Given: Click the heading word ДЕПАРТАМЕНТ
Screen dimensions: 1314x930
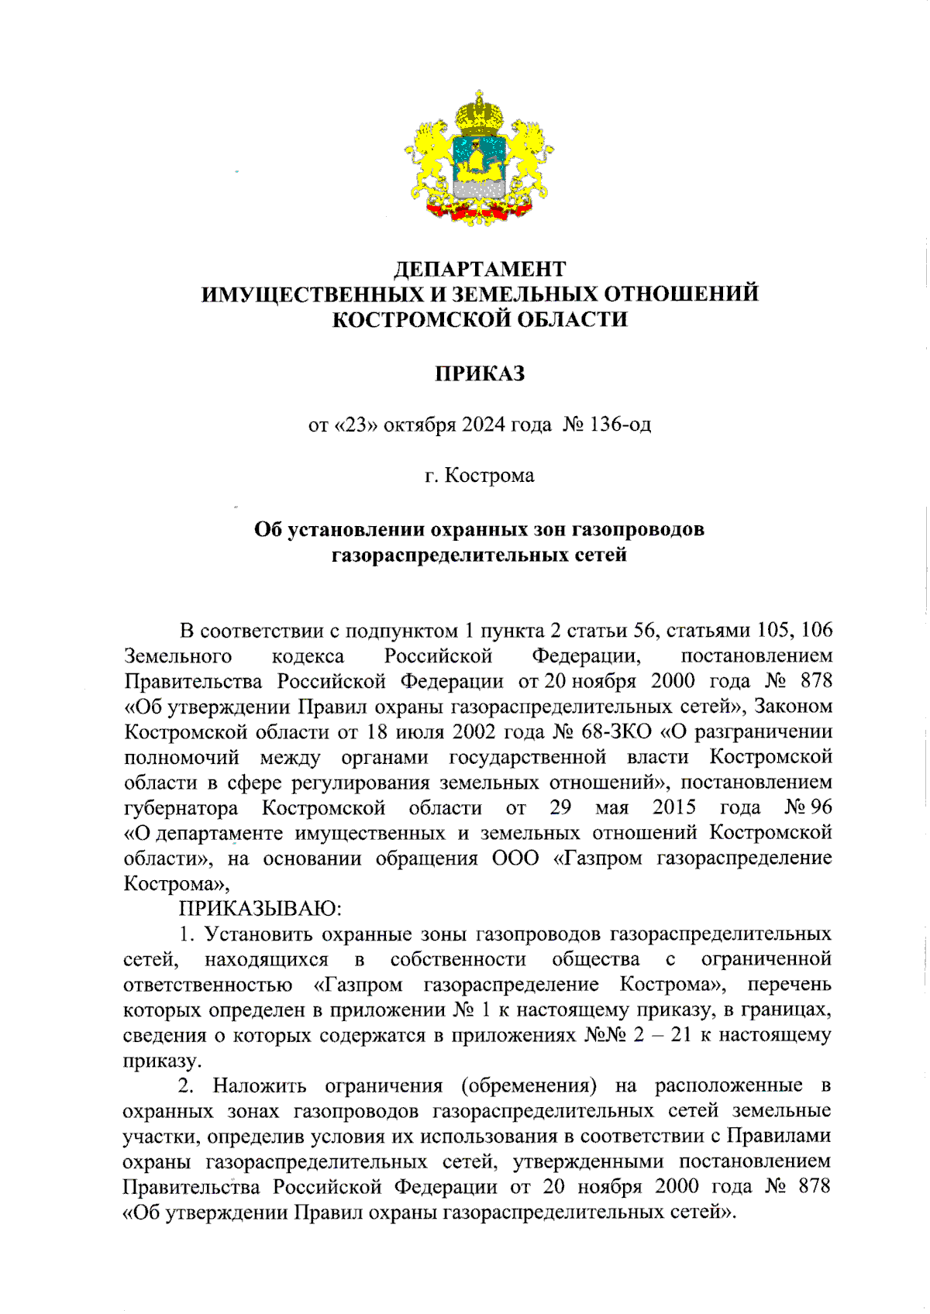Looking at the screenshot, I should (x=480, y=269).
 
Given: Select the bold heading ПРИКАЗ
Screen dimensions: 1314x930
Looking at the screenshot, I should (x=480, y=373).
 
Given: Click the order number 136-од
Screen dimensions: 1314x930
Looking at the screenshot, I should (x=620, y=425).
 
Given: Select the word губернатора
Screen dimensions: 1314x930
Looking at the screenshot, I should (x=181, y=807).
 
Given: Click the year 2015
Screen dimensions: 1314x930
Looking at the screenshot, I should (x=673, y=807).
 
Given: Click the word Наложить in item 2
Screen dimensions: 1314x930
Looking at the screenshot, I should (x=260, y=1085).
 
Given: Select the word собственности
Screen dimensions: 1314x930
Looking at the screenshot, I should (x=458, y=959).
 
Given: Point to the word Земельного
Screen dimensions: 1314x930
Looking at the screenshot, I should (x=177, y=655).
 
